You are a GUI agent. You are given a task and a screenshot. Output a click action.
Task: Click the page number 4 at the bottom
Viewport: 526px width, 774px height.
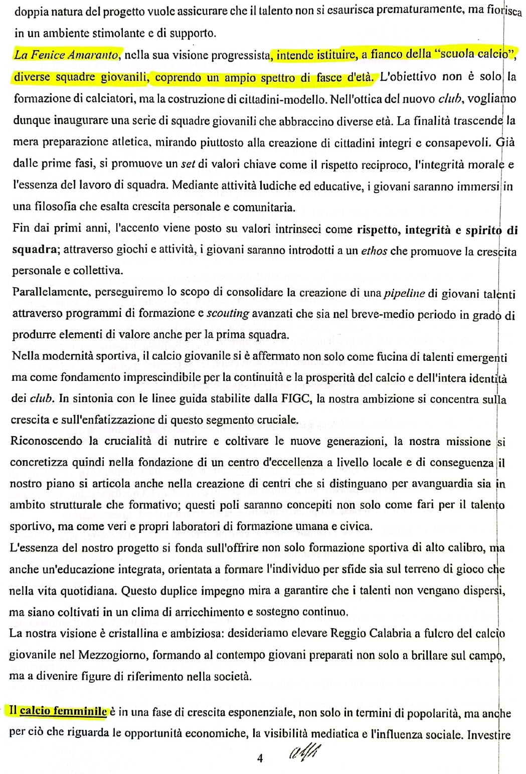pyautogui.click(x=260, y=758)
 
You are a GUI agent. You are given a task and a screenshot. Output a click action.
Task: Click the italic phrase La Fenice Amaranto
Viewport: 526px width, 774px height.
pyautogui.click(x=67, y=55)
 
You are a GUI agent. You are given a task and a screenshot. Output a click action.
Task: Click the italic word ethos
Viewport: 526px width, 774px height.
pyautogui.click(x=374, y=251)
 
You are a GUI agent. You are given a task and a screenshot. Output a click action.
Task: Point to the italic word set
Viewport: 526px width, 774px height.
pyautogui.click(x=188, y=164)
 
